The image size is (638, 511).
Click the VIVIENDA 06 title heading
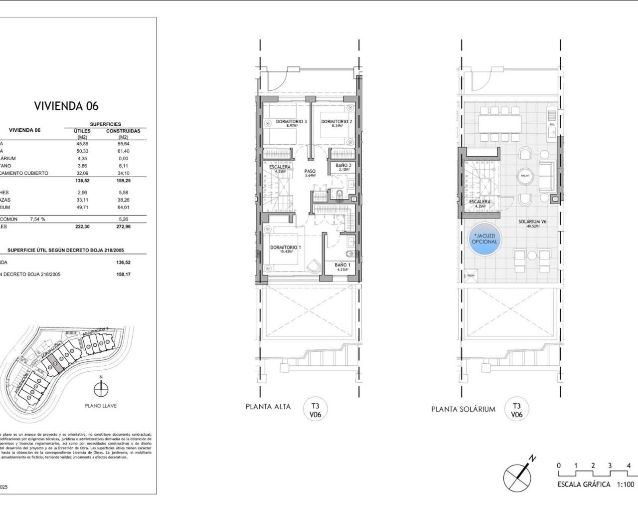[66, 106]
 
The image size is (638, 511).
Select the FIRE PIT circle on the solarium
[524, 176]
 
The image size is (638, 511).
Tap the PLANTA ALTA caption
[268, 407]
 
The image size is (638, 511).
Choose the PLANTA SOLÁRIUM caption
[463, 409]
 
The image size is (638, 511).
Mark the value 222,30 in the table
[83, 226]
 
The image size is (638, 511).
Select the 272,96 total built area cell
[123, 226]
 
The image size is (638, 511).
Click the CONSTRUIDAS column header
[123, 131]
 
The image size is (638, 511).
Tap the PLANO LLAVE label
[101, 406]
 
